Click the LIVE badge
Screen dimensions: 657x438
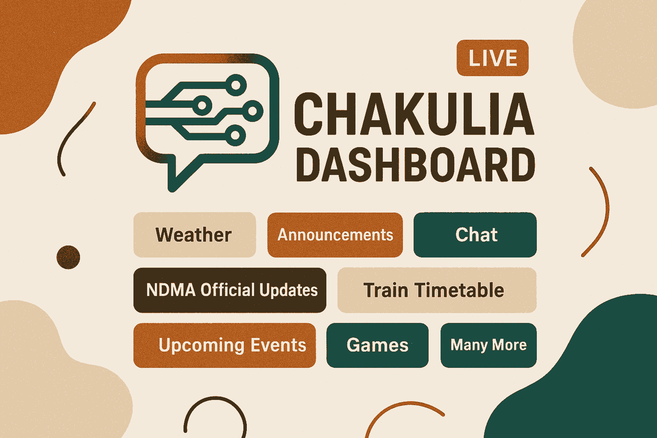coord(492,58)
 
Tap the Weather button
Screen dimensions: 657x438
coord(195,235)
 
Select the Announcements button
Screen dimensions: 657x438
coord(335,235)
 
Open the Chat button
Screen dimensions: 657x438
coord(475,235)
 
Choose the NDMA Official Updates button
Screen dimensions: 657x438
coord(230,290)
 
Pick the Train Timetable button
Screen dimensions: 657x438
coord(437,290)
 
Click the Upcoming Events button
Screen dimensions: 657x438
coord(225,345)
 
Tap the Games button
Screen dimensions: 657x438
coord(378,345)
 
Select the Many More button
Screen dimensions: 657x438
coord(488,345)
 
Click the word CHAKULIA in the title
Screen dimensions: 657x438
coord(414,114)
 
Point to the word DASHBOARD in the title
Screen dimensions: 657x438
coord(416,165)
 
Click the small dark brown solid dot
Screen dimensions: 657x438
coord(68,257)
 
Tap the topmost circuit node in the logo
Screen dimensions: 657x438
coord(236,86)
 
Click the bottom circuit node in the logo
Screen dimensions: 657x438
coord(235,135)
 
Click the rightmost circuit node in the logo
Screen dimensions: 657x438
coord(252,111)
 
